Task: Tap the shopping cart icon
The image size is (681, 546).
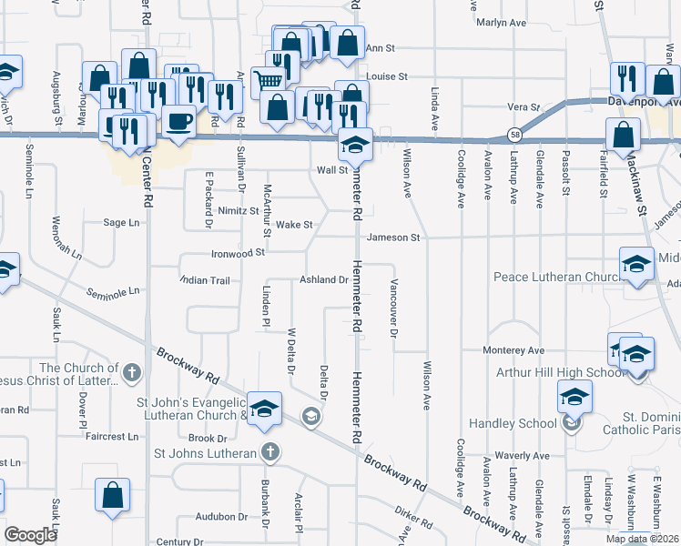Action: (x=269, y=80)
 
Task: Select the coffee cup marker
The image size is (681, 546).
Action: (x=178, y=120)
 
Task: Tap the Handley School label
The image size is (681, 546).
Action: (x=513, y=423)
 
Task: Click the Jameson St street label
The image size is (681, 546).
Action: (x=393, y=238)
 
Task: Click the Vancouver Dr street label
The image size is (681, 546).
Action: (x=394, y=308)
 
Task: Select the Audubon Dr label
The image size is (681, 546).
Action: (x=223, y=516)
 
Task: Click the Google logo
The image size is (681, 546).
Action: (x=30, y=535)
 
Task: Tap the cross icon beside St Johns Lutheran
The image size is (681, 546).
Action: (x=269, y=451)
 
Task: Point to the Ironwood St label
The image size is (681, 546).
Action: (x=237, y=255)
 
